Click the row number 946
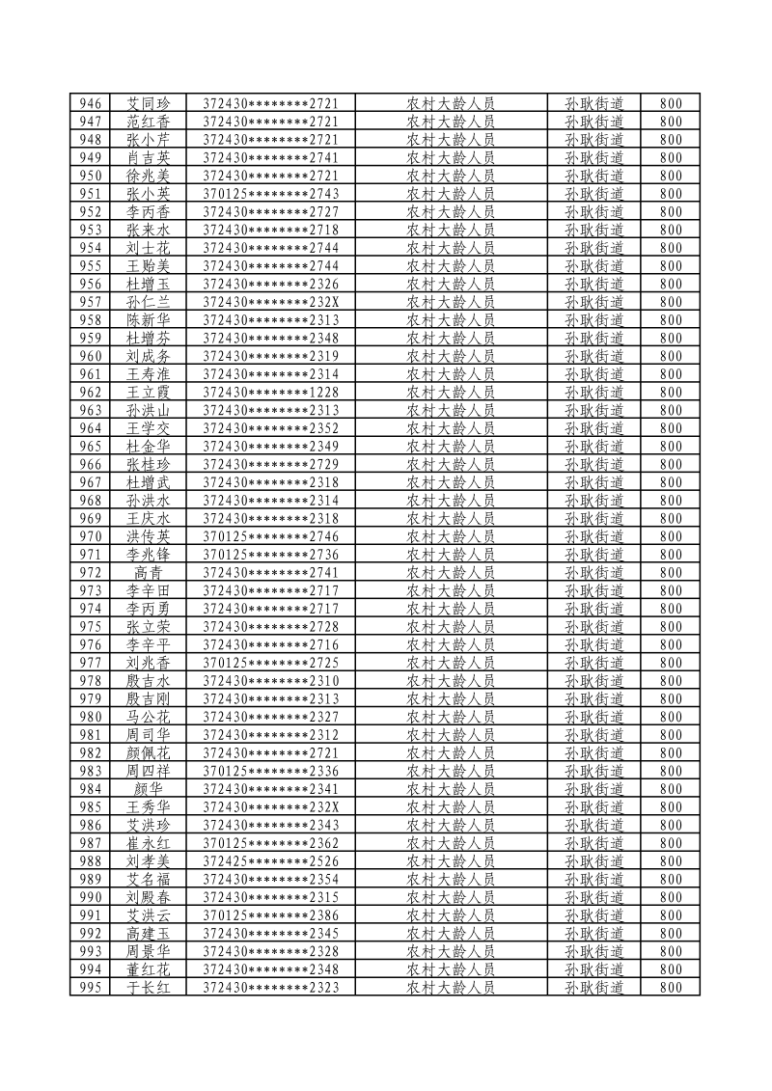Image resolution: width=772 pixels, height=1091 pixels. (91, 103)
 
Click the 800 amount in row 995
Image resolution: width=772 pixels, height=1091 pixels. (671, 988)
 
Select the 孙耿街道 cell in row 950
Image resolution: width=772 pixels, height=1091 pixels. (593, 176)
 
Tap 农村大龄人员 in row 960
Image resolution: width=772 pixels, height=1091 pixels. (451, 356)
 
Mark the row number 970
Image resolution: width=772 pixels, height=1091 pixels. (91, 536)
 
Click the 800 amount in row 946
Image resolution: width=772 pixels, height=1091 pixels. (671, 103)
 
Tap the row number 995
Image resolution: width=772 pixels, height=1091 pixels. (91, 988)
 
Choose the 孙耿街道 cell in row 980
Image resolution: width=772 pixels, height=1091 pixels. (593, 717)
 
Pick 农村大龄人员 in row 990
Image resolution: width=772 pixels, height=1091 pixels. (451, 897)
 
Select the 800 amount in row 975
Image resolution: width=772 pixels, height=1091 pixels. (671, 627)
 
